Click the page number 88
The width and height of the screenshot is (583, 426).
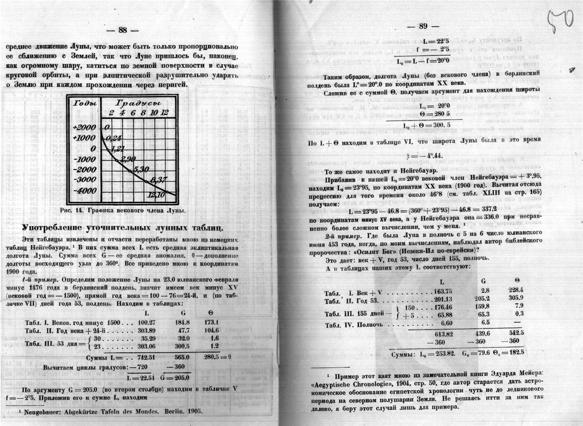pyautogui.click(x=122, y=30)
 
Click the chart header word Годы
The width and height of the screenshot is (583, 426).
pyautogui.click(x=85, y=103)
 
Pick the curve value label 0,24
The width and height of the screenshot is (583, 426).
pyautogui.click(x=113, y=138)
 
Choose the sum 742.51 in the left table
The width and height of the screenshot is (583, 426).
pyautogui.click(x=146, y=357)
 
